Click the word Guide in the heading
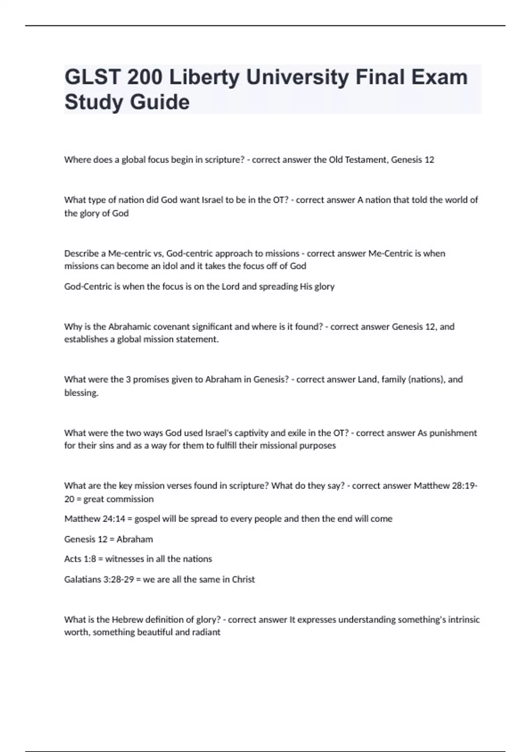(160, 102)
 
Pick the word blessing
(81, 393)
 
